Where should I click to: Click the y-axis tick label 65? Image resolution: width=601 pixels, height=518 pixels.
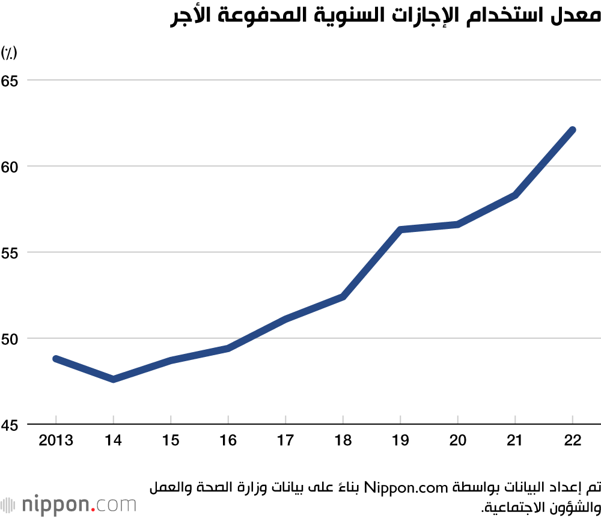9,80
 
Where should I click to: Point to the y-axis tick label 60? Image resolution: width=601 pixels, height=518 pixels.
9,166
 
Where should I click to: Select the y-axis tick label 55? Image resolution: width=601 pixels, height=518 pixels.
9,252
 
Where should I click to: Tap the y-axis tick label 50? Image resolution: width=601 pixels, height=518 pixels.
9,338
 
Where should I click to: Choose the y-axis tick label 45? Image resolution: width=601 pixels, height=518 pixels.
9,425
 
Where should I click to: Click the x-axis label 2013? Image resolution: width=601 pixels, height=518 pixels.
56,440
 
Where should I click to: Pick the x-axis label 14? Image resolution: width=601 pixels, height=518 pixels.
113,440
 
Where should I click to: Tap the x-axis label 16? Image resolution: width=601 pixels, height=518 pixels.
228,440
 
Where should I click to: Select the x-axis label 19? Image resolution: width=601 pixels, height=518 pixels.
400,440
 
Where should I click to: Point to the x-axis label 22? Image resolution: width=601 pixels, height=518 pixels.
573,440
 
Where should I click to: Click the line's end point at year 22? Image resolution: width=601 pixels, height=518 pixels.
573,130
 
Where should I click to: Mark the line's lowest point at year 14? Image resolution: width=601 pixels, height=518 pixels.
113,379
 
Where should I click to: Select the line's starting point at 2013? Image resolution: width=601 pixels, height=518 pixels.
56,359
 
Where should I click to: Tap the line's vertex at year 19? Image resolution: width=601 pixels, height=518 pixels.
400,230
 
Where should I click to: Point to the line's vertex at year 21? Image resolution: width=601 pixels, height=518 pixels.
515,195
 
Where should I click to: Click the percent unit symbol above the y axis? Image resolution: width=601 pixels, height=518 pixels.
9,53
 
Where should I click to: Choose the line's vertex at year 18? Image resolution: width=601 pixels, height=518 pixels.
343,297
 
